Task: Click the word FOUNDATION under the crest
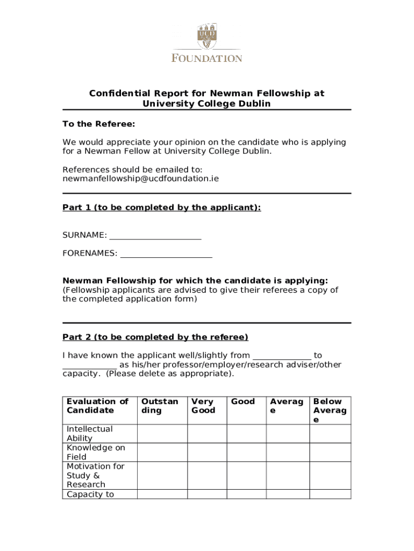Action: [x=207, y=58]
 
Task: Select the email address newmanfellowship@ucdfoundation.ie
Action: [x=141, y=178]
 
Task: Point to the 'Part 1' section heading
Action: [x=162, y=208]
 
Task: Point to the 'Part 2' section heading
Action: [x=155, y=337]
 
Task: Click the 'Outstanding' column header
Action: [x=160, y=406]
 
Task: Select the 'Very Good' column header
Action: [x=203, y=406]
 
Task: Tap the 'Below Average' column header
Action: [x=330, y=410]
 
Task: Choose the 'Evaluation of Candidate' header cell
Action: [x=97, y=406]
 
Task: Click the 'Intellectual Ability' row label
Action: [x=89, y=434]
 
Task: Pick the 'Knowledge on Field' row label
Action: [x=95, y=452]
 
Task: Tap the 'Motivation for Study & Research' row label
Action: [x=95, y=475]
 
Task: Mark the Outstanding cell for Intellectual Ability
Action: [x=162, y=434]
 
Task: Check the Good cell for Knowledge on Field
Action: [x=246, y=452]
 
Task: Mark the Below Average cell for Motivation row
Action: [x=330, y=475]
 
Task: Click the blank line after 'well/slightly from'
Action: [x=282, y=355]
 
